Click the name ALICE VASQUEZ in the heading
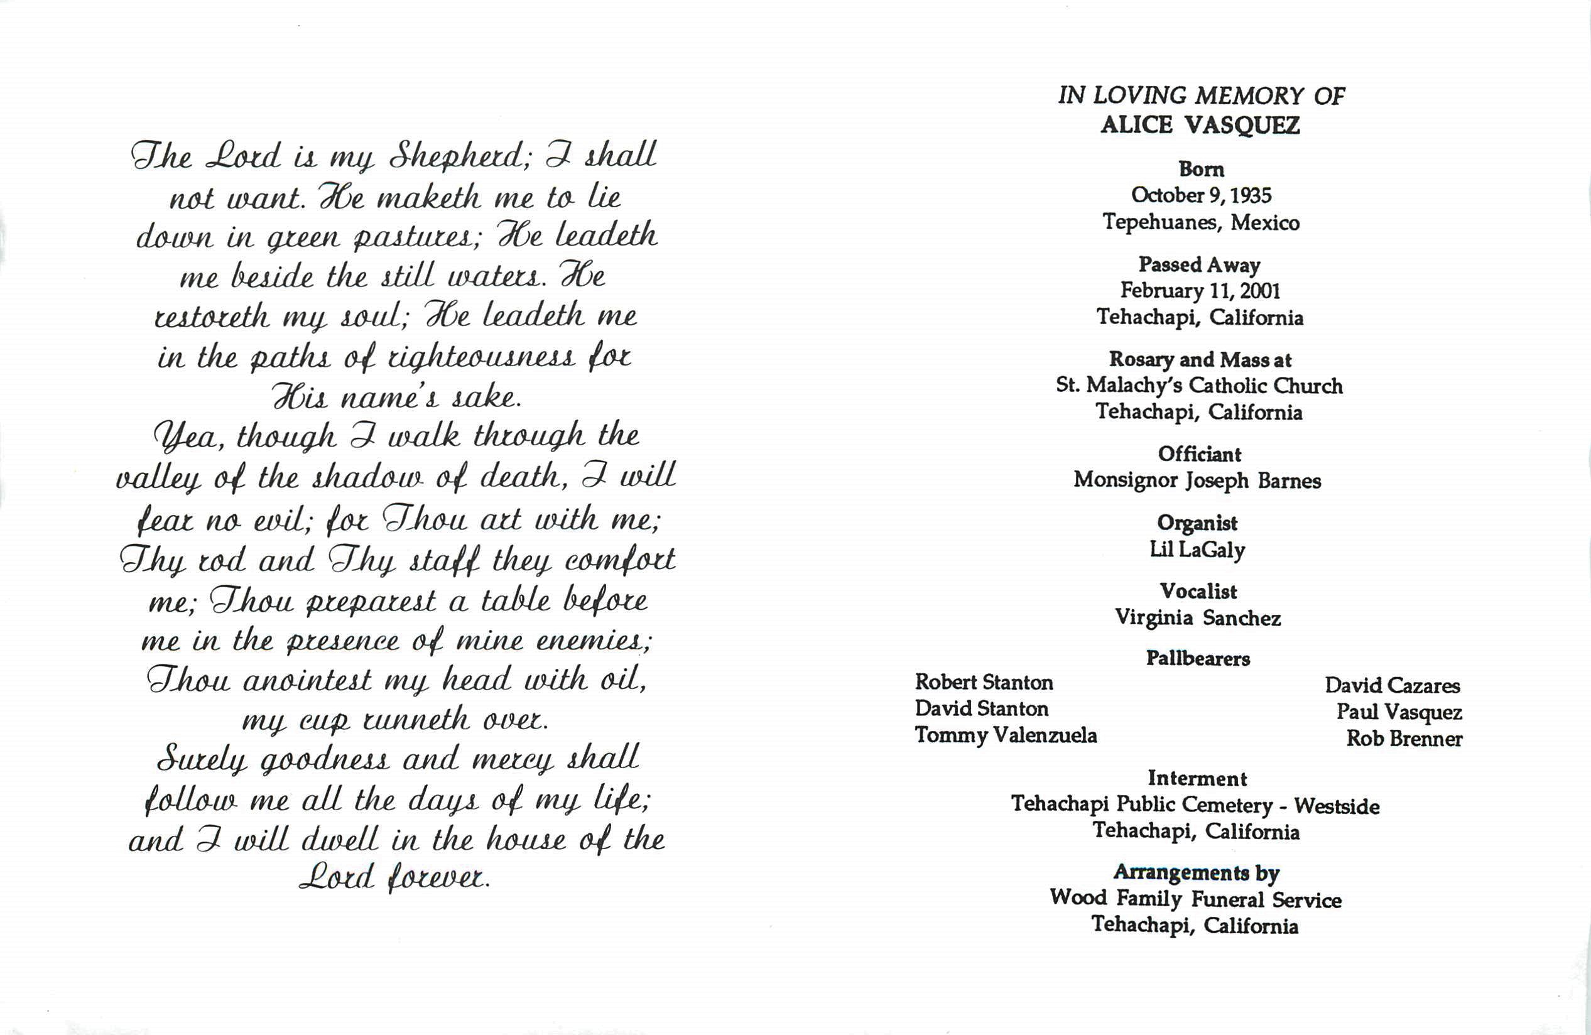click(x=1200, y=125)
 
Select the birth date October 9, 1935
click(x=1200, y=195)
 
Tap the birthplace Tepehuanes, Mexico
click(x=1200, y=222)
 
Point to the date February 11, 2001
click(x=1200, y=291)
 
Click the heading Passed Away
click(x=1199, y=265)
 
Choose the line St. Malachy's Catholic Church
click(x=1199, y=386)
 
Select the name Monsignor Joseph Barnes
click(x=1197, y=480)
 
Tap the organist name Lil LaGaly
click(x=1197, y=550)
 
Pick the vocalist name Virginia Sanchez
click(x=1197, y=618)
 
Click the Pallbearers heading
click(x=1198, y=659)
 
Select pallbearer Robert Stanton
click(x=984, y=682)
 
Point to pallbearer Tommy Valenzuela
click(x=1006, y=735)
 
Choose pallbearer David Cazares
click(x=1393, y=685)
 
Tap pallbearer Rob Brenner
click(x=1404, y=739)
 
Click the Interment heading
click(x=1197, y=778)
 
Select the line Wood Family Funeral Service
click(x=1195, y=899)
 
